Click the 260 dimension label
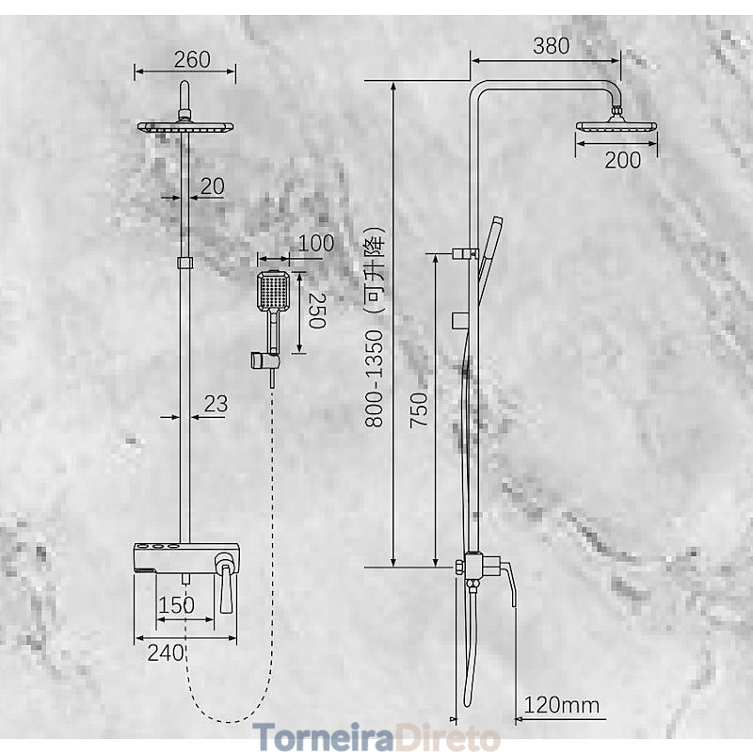coord(192,59)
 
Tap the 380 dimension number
coord(552,45)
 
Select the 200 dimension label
coord(622,160)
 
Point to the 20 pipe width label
coord(213,186)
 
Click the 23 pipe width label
coord(216,404)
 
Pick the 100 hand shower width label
coord(316,243)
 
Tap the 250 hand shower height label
coord(317,311)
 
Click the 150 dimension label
coord(176,605)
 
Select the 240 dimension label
coord(166,652)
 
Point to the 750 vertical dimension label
coord(418,409)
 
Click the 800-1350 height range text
coord(374,378)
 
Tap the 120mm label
coord(561,705)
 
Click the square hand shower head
coord(273,291)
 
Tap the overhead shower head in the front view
coord(185,127)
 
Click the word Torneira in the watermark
coord(323,737)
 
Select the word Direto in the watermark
coord(446,737)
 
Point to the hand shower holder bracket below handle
coord(264,360)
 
